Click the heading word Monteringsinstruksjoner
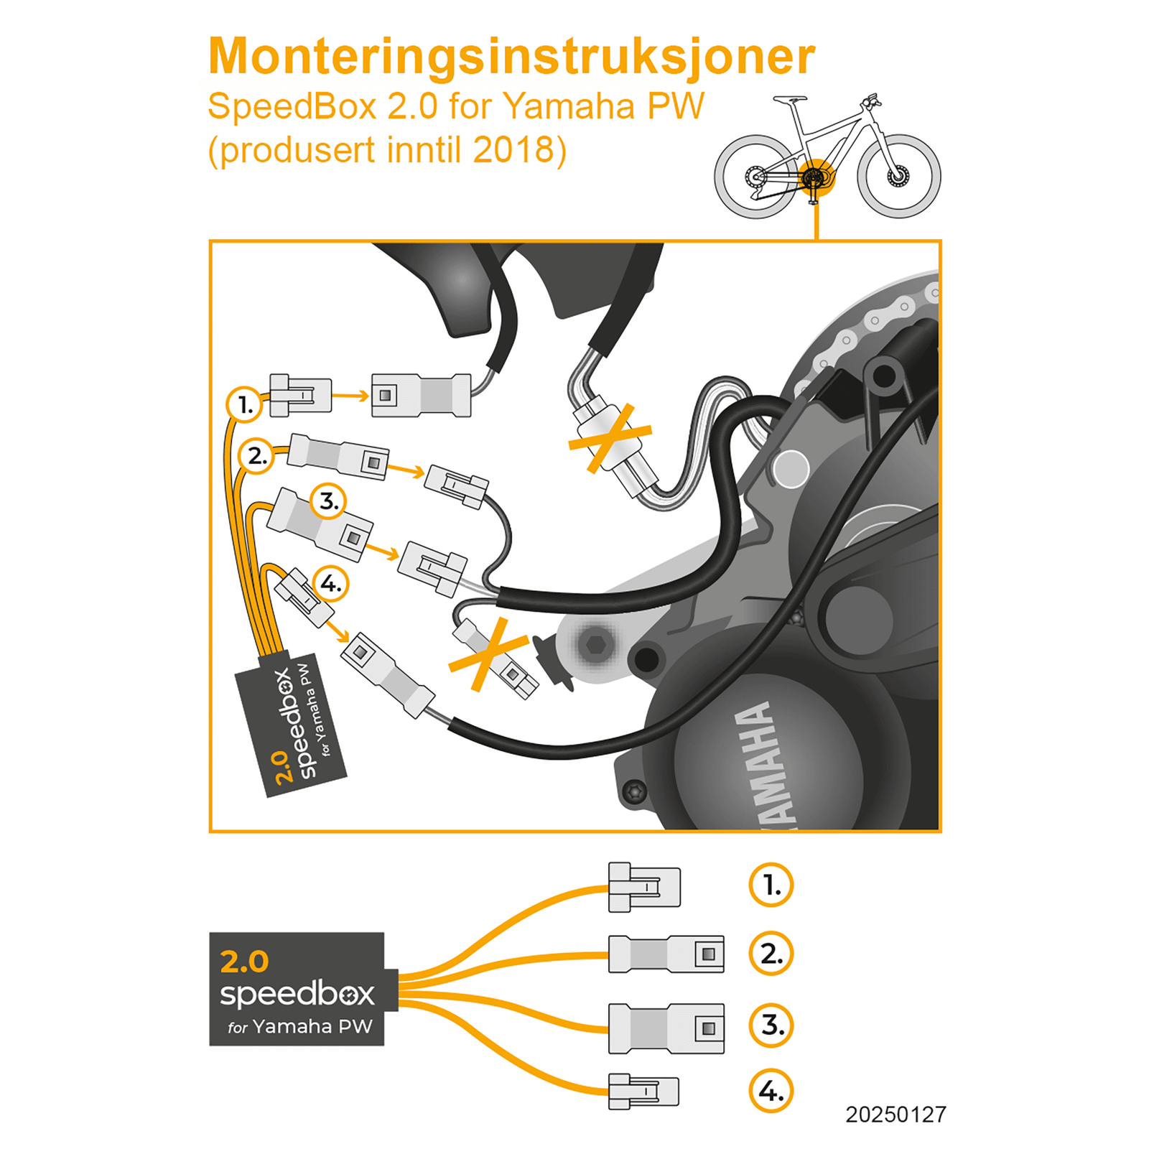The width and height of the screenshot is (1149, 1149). (511, 56)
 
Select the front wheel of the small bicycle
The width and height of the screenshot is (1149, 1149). (898, 176)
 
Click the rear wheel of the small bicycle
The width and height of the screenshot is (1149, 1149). (755, 176)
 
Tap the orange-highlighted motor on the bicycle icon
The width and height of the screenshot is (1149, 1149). (814, 177)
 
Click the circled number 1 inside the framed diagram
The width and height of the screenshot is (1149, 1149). (245, 404)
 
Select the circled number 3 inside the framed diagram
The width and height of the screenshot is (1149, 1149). (328, 501)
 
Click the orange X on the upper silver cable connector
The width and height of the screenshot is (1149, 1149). (610, 438)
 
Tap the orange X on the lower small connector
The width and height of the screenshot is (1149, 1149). (488, 654)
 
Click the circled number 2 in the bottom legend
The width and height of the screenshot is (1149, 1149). (771, 954)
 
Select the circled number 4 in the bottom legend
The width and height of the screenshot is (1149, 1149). (771, 1091)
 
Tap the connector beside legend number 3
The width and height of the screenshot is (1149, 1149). (666, 1028)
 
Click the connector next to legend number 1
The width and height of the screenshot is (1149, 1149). (643, 888)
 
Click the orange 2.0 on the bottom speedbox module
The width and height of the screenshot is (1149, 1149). (244, 962)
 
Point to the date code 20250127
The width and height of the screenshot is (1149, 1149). (896, 1115)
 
